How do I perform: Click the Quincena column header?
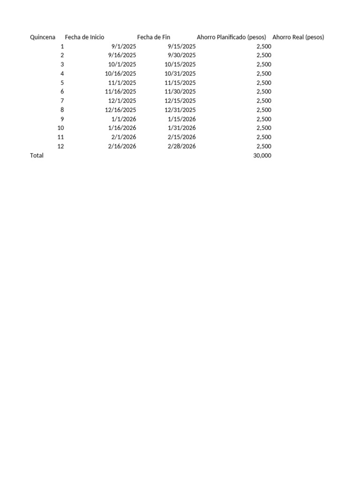click(x=42, y=37)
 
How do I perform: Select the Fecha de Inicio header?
click(x=84, y=37)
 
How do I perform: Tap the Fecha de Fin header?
click(x=154, y=37)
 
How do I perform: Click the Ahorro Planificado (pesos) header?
click(x=232, y=37)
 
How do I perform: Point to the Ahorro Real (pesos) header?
click(x=298, y=37)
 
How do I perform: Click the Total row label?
click(x=37, y=155)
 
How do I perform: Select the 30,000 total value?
click(x=262, y=155)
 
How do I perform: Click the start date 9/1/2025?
click(x=124, y=46)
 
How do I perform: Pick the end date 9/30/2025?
click(x=182, y=55)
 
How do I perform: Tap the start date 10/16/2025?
click(x=120, y=74)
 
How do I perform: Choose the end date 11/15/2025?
click(x=180, y=82)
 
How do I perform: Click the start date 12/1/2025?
click(x=122, y=101)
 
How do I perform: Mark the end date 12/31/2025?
click(x=180, y=110)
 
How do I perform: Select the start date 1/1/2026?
click(x=124, y=119)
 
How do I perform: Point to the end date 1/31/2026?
click(x=182, y=128)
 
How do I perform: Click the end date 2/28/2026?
click(x=182, y=146)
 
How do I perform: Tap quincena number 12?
click(x=60, y=146)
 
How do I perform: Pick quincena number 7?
click(x=62, y=101)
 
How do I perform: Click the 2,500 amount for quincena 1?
click(x=264, y=46)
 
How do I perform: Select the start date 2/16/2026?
click(x=122, y=146)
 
